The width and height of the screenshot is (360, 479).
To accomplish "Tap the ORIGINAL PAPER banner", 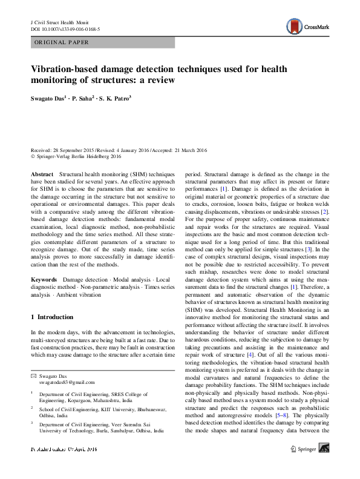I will [x=61, y=43].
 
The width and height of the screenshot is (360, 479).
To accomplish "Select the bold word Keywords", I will [x=45, y=279].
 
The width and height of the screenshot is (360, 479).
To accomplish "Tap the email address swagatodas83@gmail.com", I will [x=64, y=382].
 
